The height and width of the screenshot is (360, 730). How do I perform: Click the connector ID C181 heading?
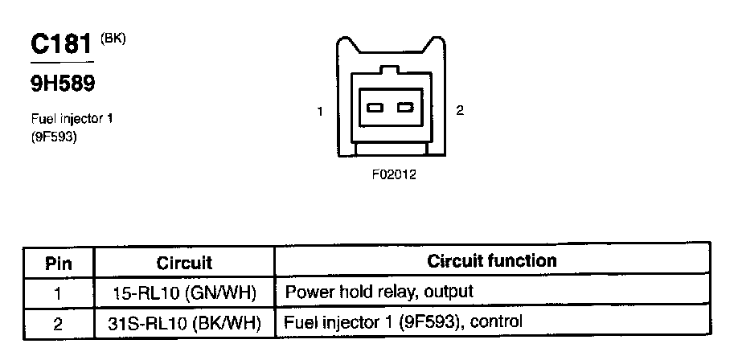[61, 43]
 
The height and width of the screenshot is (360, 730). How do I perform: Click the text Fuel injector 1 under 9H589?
[71, 118]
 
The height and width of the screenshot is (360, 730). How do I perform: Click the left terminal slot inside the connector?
[375, 108]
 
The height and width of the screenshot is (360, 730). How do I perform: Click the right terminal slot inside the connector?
[405, 108]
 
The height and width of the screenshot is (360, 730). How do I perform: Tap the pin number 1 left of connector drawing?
[320, 112]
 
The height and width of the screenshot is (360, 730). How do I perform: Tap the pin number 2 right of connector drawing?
[460, 111]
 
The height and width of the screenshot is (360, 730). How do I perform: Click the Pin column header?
[58, 262]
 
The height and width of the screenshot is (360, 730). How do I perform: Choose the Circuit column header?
[184, 262]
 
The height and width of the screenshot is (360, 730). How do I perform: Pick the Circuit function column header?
[491, 261]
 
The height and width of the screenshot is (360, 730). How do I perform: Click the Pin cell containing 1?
[58, 292]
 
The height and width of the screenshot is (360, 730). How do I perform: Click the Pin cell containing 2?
[58, 323]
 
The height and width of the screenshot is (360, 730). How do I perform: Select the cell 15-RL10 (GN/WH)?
[184, 292]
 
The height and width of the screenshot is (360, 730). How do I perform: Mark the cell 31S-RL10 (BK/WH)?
[184, 323]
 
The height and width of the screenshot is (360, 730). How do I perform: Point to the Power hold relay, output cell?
[379, 292]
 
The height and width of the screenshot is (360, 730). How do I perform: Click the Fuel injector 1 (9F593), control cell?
[404, 323]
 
